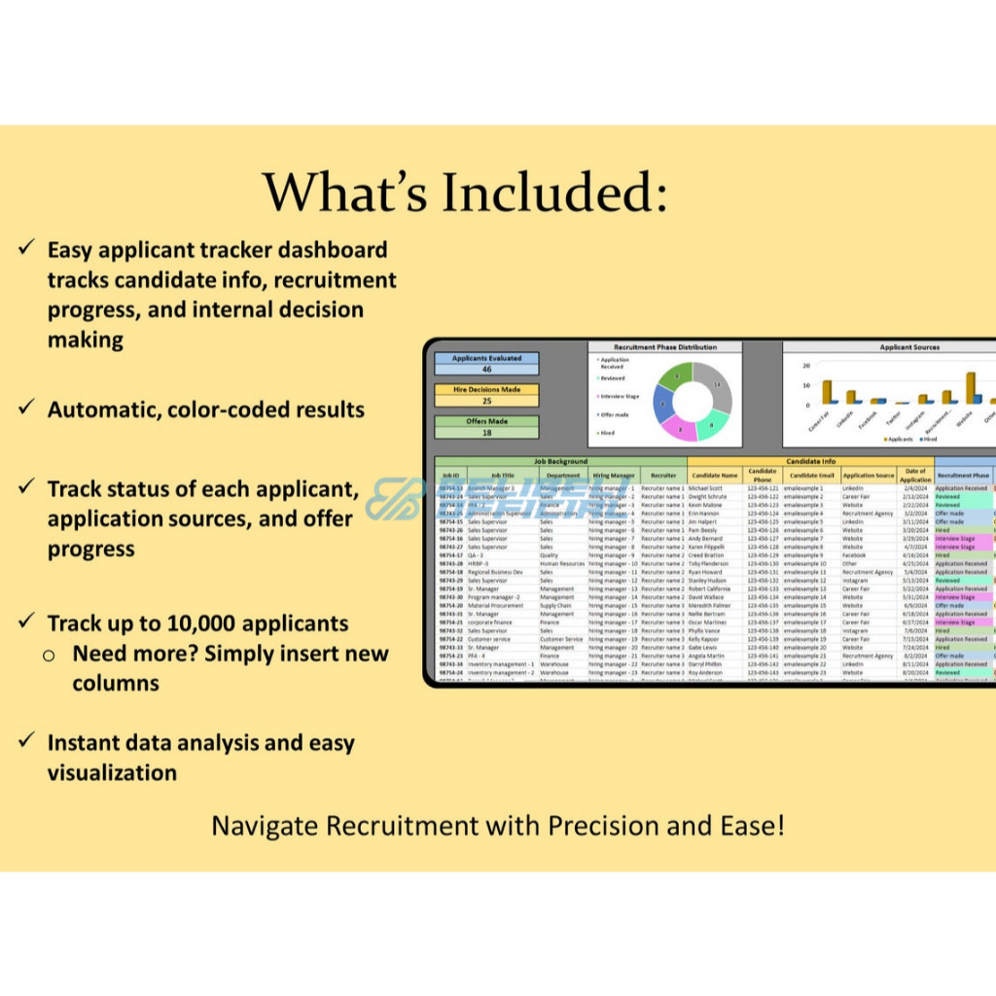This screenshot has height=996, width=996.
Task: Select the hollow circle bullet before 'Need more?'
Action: pos(49,655)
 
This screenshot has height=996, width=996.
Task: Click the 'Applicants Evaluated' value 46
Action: pos(486,370)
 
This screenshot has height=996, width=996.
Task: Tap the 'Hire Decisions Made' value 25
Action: pos(486,401)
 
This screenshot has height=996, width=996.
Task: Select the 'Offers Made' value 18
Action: pos(486,432)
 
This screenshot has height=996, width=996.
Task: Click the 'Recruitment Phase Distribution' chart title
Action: pos(665,347)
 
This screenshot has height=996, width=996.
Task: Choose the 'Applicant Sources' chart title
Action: pos(909,347)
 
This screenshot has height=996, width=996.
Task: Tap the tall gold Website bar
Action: pos(970,387)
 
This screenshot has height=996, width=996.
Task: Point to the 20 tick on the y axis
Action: pos(806,366)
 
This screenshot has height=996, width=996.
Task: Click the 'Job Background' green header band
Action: pos(560,461)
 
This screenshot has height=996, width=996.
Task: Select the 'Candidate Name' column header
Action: pos(715,476)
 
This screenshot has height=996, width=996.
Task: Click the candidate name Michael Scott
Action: pos(705,488)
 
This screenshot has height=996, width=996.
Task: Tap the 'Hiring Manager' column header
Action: pos(614,476)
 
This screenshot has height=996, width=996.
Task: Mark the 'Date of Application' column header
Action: pos(915,476)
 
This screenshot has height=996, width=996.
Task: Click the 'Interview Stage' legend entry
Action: pos(619,396)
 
